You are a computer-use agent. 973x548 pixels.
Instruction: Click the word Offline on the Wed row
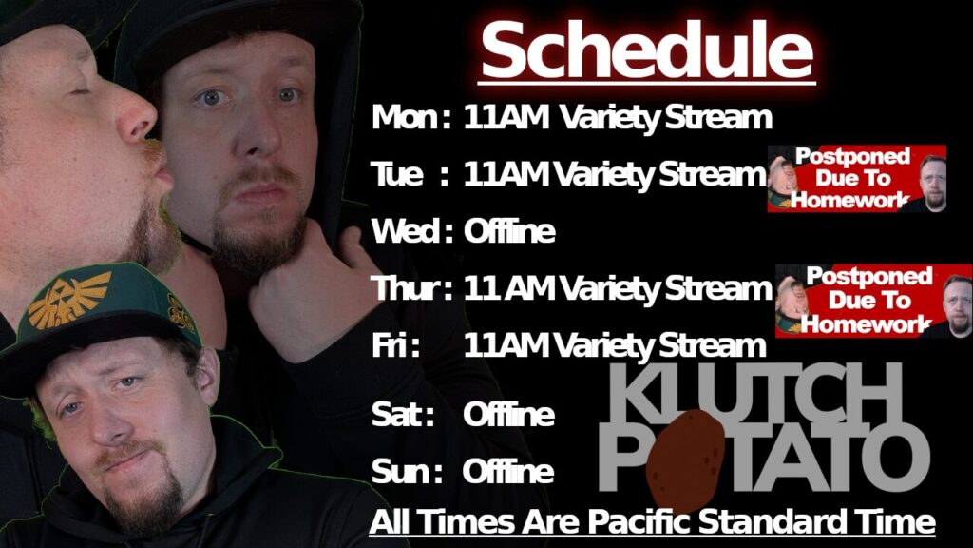[508, 231]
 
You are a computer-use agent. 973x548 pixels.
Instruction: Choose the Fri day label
[391, 344]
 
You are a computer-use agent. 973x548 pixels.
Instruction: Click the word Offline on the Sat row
[508, 415]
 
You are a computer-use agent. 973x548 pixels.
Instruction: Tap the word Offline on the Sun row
[508, 472]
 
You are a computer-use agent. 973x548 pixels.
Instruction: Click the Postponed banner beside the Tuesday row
[856, 178]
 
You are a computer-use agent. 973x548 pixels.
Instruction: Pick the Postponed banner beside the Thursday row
[872, 301]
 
